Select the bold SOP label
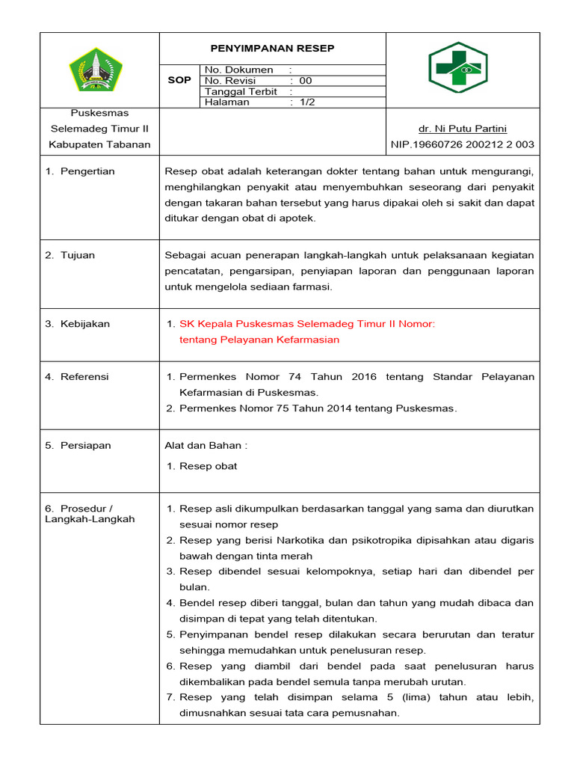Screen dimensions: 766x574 coord(179,80)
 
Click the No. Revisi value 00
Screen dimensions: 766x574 coord(306,81)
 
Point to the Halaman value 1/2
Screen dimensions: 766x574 coord(307,102)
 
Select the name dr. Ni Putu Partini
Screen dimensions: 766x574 coord(463,129)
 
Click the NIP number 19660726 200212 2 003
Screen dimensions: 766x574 coord(463,144)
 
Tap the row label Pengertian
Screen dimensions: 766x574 coord(87,171)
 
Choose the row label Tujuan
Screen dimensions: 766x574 coord(78,255)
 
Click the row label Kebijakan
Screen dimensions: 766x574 coord(85,324)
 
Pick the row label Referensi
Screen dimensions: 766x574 coord(85,376)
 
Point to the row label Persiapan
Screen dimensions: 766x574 coord(85,445)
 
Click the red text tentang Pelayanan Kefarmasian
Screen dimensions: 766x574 coord(259,340)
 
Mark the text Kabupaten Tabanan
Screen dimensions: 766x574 coord(99,144)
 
